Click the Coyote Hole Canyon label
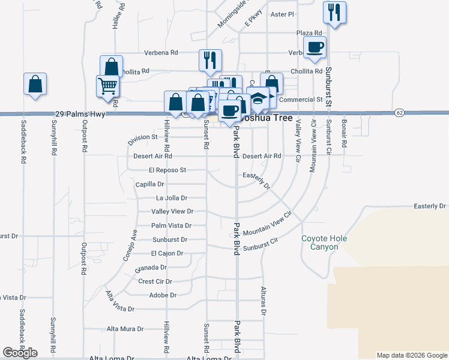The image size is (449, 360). [x=324, y=243]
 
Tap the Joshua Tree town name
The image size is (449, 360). [x=273, y=118]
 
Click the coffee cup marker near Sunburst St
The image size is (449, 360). [x=315, y=47]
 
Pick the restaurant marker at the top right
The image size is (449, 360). [x=334, y=13]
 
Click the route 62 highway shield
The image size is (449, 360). [x=400, y=113]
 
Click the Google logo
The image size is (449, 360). [x=20, y=353]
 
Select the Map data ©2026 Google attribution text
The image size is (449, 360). [x=412, y=355]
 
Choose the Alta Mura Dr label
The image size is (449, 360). [x=125, y=329]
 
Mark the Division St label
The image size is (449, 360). [x=142, y=139]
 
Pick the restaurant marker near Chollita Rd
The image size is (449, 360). [x=210, y=59]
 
